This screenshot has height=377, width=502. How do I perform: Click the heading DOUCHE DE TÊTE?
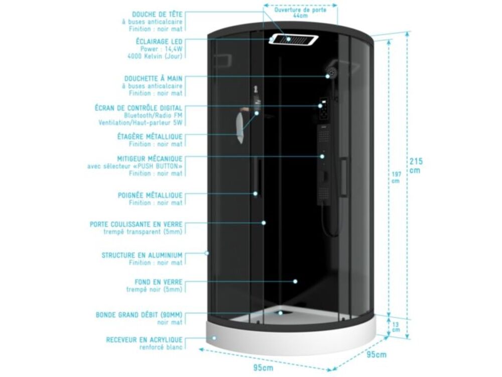point(157,15)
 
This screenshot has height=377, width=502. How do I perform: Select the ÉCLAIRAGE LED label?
point(159,41)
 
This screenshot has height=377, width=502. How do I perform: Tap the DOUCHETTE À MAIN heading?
point(153,78)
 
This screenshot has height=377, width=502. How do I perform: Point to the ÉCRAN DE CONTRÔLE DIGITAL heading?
point(139,108)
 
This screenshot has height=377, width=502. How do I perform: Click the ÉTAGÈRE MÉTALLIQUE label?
point(150,137)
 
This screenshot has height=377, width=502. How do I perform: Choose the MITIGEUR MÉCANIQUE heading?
point(150,159)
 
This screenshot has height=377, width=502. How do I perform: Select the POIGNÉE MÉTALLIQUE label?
point(150,195)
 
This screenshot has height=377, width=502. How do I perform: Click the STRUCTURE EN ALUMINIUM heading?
point(142,255)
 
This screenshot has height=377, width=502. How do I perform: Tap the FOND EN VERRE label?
point(159,282)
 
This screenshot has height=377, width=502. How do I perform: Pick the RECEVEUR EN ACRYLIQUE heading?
point(145,340)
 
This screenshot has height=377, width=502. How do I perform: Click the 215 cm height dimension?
point(416,165)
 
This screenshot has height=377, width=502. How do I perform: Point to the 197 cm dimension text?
point(397,177)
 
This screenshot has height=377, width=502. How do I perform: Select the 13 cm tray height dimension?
point(396,327)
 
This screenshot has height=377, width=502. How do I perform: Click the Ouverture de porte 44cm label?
point(300,13)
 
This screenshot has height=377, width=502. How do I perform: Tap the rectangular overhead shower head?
point(293,40)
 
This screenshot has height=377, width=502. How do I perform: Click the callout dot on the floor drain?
point(281,313)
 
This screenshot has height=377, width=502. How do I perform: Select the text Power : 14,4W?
point(161,49)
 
